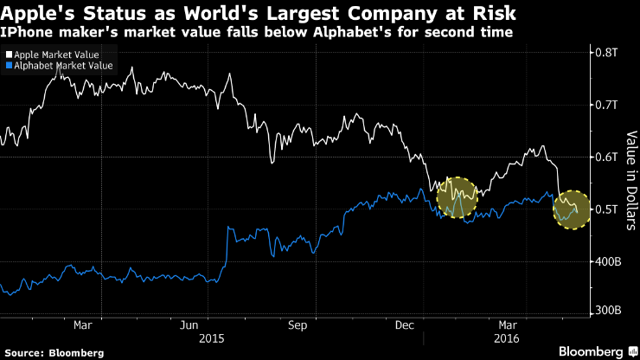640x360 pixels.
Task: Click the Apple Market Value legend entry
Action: pyautogui.click(x=54, y=54)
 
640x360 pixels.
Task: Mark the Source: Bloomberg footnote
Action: pyautogui.click(x=53, y=352)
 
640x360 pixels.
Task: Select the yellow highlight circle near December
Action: pyautogui.click(x=458, y=197)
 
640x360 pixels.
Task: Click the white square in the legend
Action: pyautogui.click(x=9, y=54)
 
